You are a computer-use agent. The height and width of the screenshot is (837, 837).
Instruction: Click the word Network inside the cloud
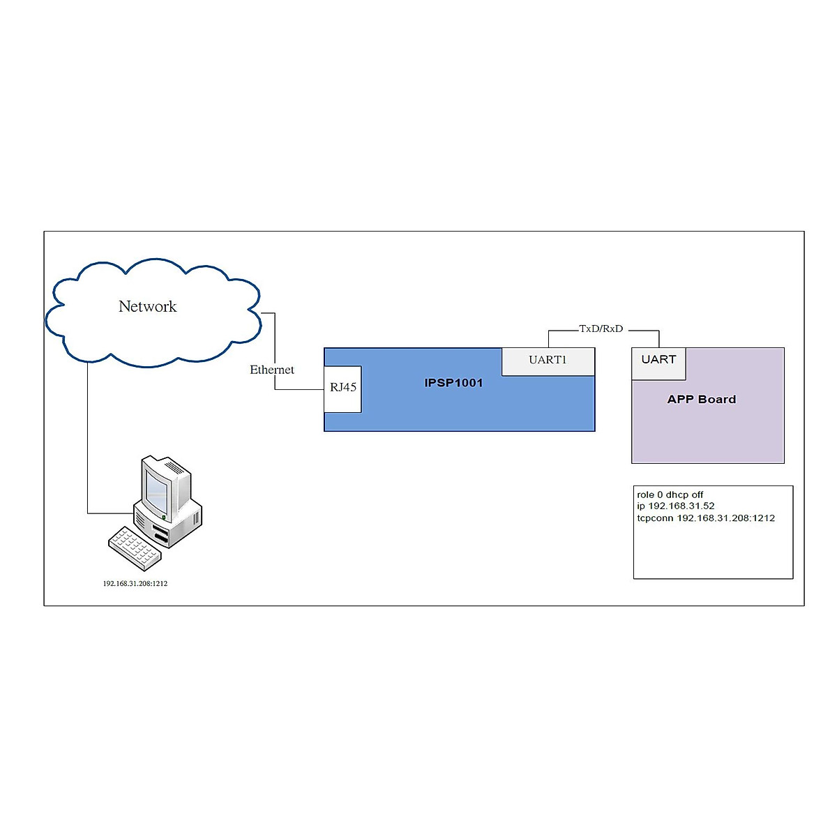click(x=147, y=306)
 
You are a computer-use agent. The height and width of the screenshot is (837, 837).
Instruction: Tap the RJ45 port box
click(x=343, y=388)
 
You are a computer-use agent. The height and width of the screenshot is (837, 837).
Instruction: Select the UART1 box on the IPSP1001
click(x=548, y=360)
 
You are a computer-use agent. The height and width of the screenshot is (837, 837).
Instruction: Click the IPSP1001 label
click(x=453, y=383)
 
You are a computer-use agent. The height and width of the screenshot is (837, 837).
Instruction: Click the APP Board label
click(x=701, y=400)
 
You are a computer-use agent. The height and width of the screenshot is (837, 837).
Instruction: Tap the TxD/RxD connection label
click(x=601, y=329)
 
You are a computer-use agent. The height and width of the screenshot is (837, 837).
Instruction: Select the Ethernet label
click(x=272, y=370)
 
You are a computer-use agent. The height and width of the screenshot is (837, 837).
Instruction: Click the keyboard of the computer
click(x=134, y=548)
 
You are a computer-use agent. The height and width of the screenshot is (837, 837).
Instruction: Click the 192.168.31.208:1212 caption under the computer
click(x=135, y=584)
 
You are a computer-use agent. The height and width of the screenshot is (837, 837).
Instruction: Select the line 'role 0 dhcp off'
click(x=670, y=495)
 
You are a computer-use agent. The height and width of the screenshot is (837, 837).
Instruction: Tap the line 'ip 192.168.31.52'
click(x=675, y=506)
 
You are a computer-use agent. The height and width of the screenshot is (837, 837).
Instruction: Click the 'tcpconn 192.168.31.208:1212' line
click(x=705, y=518)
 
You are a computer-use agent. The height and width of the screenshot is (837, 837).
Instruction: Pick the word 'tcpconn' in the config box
click(x=654, y=518)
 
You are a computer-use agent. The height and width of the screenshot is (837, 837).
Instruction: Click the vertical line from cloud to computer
click(x=88, y=439)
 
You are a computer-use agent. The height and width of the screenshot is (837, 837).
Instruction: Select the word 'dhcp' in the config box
click(x=677, y=495)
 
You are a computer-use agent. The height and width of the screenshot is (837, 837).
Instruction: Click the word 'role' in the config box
click(x=645, y=495)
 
